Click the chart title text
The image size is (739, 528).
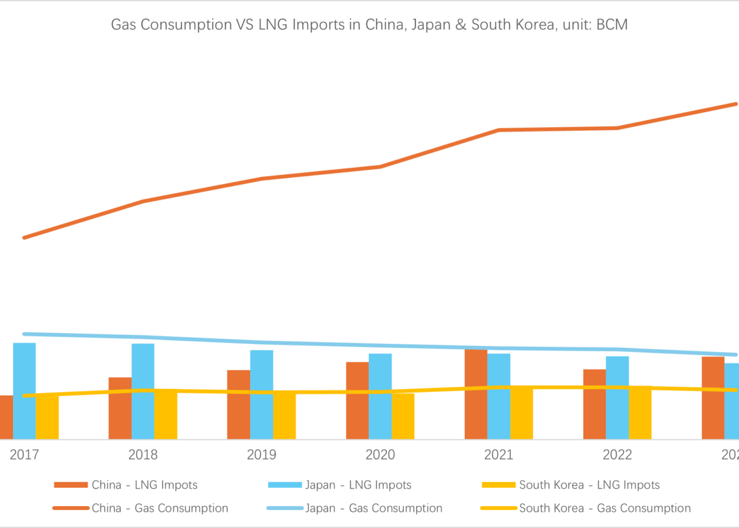click(369, 25)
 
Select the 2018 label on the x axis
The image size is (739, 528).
click(143, 455)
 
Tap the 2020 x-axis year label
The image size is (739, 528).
click(380, 455)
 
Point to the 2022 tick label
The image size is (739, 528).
click(617, 455)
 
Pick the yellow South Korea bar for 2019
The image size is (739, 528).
click(285, 416)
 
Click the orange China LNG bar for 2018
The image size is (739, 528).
click(120, 408)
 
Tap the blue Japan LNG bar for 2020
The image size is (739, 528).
click(380, 396)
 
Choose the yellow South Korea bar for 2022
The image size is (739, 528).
click(640, 413)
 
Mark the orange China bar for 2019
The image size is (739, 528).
click(239, 405)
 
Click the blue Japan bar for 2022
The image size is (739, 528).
click(617, 398)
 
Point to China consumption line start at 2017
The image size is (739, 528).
click(25, 238)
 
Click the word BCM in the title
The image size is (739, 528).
click(611, 25)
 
